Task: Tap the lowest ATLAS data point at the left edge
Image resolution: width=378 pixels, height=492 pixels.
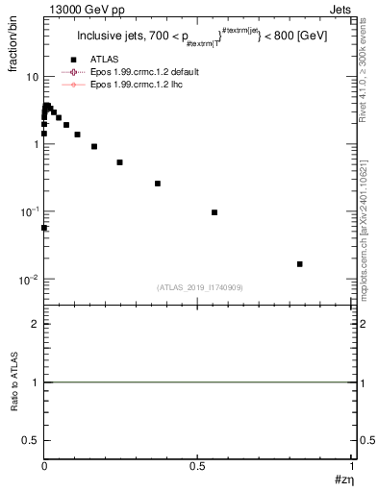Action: [44, 228]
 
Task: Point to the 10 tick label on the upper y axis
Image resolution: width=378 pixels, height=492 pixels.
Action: [31, 77]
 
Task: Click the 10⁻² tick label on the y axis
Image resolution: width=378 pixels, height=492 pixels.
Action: [28, 280]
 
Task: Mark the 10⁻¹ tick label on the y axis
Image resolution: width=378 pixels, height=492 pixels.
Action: [28, 211]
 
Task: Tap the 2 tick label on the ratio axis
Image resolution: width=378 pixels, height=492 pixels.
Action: [35, 324]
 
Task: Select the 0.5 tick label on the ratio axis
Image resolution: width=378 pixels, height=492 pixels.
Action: [31, 440]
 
